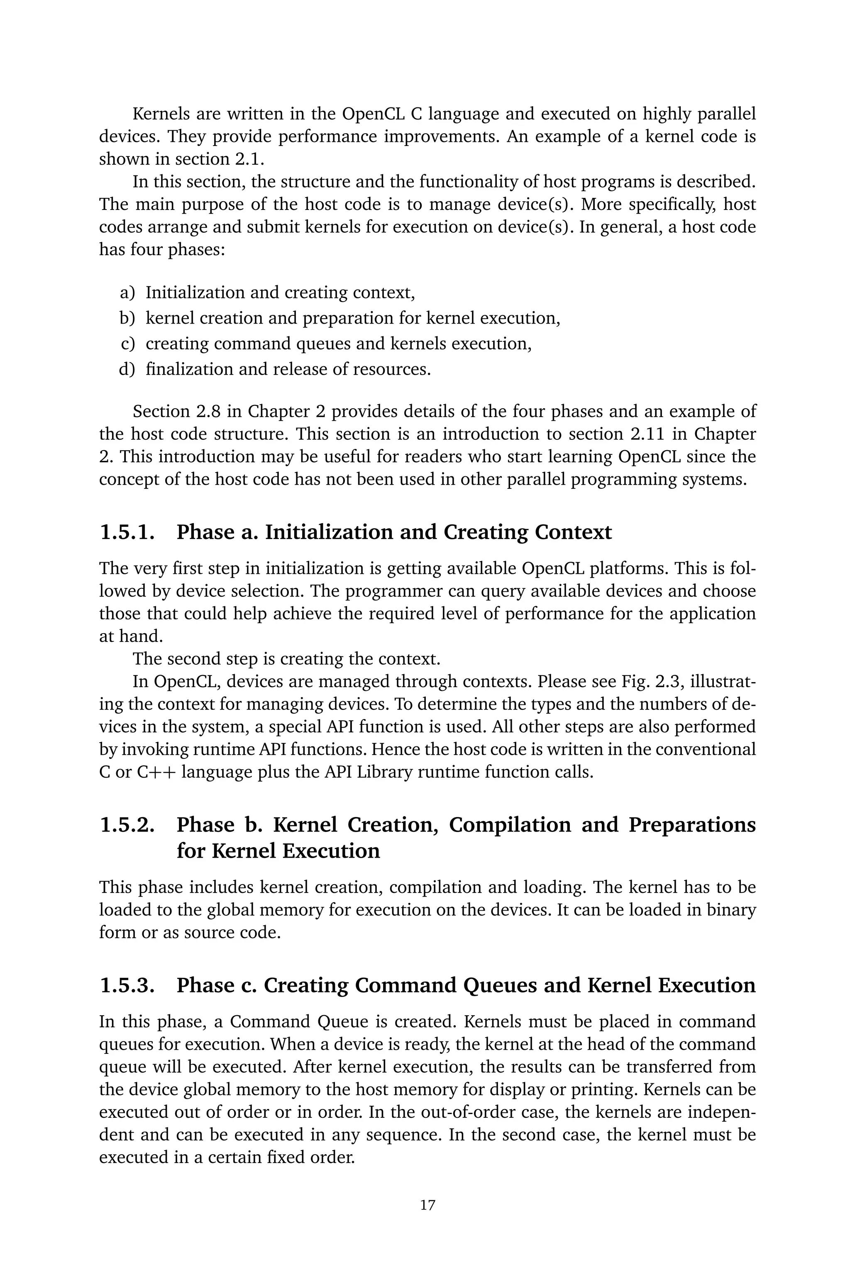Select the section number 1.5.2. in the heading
[x=127, y=825]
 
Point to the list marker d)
[x=127, y=370]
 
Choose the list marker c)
[x=127, y=344]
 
